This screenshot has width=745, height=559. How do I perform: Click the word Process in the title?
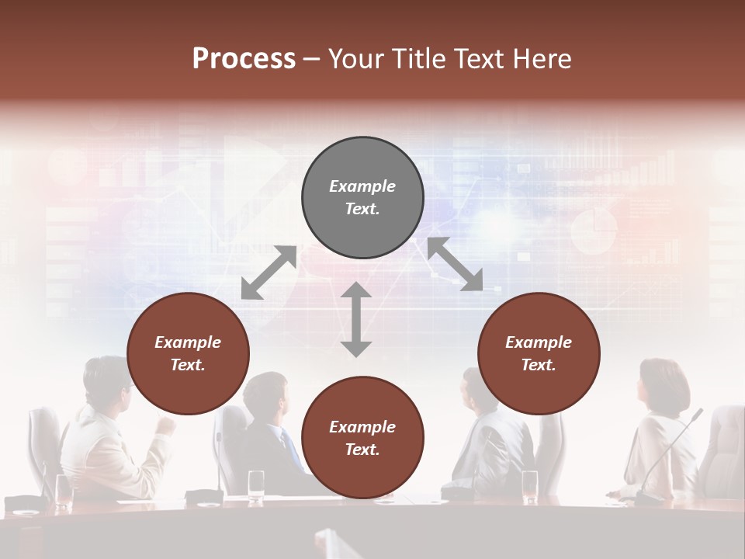click(x=244, y=59)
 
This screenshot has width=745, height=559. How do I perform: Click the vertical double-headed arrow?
click(x=356, y=319)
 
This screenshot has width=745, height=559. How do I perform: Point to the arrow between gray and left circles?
click(x=269, y=273)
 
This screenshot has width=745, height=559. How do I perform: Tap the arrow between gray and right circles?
click(x=455, y=264)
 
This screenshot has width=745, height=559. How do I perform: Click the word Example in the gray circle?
click(x=362, y=186)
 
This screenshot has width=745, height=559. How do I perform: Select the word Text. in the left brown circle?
click(x=188, y=365)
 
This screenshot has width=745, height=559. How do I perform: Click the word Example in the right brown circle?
click(x=539, y=342)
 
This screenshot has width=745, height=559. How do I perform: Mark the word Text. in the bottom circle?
click(x=362, y=450)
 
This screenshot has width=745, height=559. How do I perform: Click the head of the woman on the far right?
click(x=663, y=384)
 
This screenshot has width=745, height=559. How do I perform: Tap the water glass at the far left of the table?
click(x=64, y=489)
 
